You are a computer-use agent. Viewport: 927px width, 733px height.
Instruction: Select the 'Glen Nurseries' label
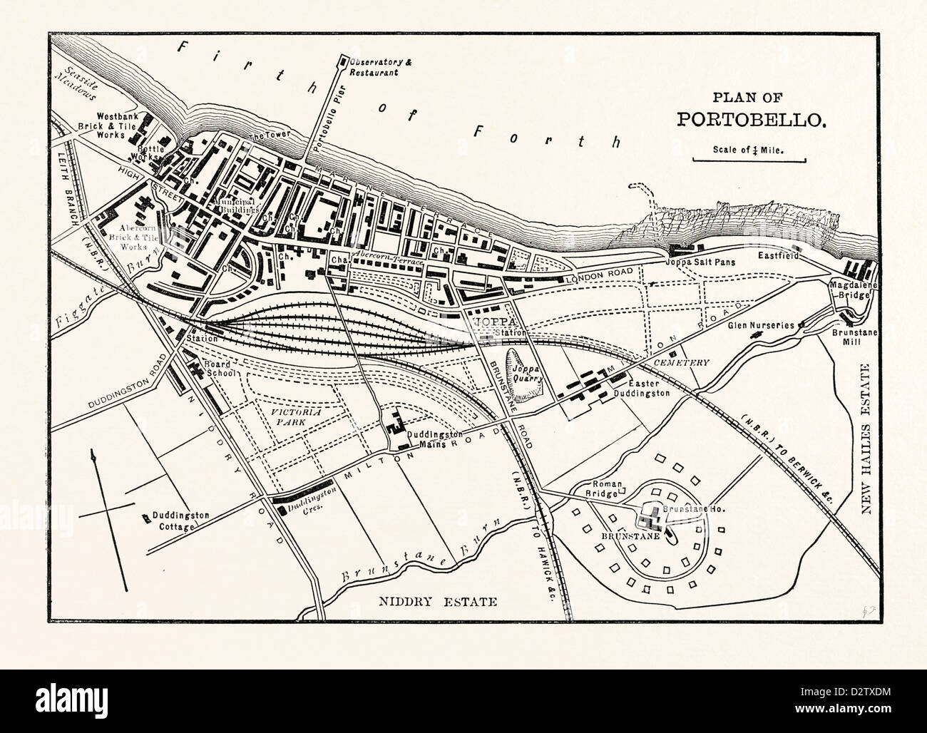click(x=760, y=325)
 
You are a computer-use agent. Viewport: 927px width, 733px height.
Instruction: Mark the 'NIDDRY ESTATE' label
click(x=436, y=602)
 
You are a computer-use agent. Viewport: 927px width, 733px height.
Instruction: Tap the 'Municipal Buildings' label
click(x=232, y=207)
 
